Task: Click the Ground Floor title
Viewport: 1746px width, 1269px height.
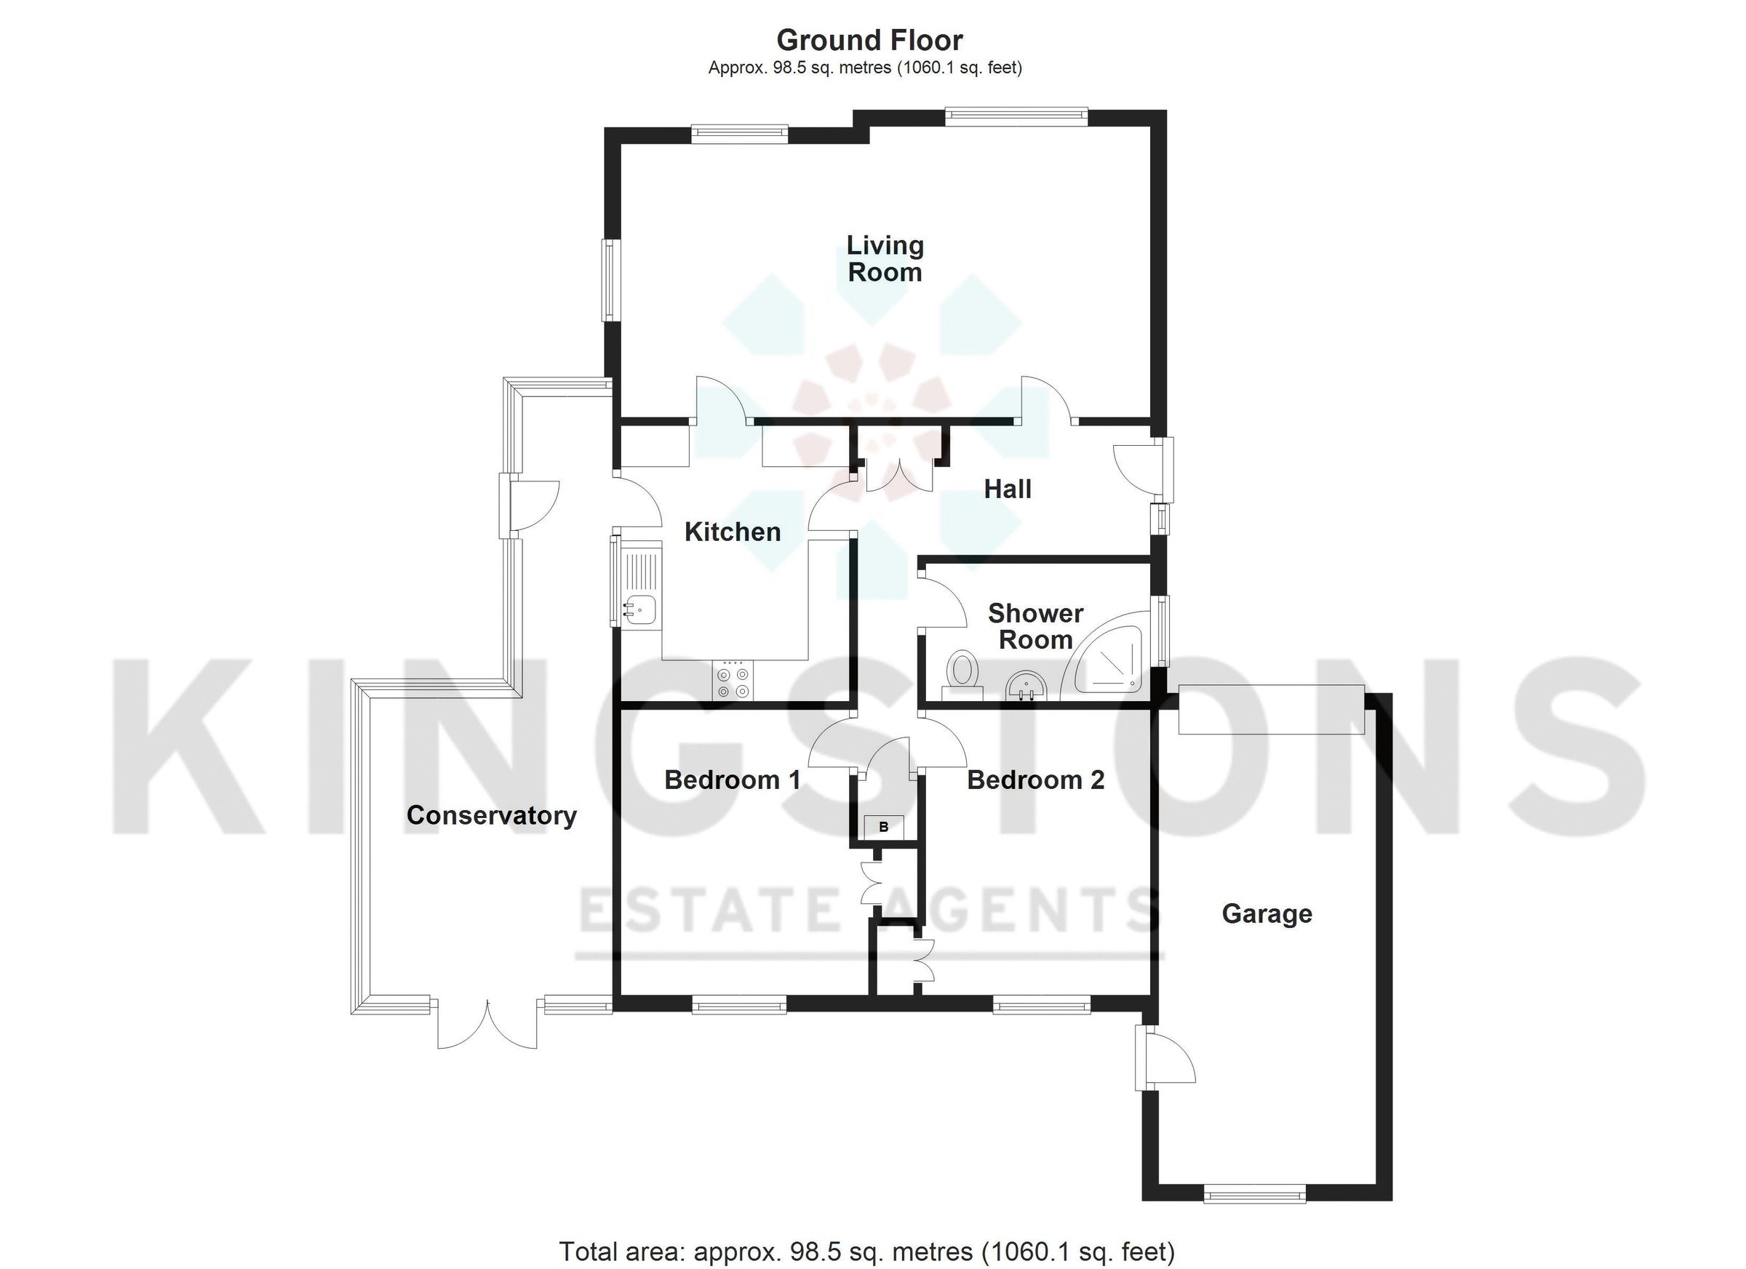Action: [869, 40]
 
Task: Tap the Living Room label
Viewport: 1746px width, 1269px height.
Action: [885, 259]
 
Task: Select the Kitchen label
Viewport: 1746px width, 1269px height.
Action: [732, 532]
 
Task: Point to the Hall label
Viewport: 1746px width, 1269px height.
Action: [1007, 489]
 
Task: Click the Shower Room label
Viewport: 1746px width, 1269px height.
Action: [1035, 626]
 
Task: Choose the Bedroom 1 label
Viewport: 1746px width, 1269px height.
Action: [732, 780]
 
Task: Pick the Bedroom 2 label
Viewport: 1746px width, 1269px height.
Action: [1035, 780]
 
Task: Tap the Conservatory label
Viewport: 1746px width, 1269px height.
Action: [491, 815]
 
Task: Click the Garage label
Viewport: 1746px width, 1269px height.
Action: [1267, 913]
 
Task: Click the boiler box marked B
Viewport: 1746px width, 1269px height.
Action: [884, 828]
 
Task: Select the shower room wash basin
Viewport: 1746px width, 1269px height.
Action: [1027, 684]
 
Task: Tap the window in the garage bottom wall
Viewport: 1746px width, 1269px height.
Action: [1254, 1195]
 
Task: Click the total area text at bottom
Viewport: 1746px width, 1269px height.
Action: [867, 1252]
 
